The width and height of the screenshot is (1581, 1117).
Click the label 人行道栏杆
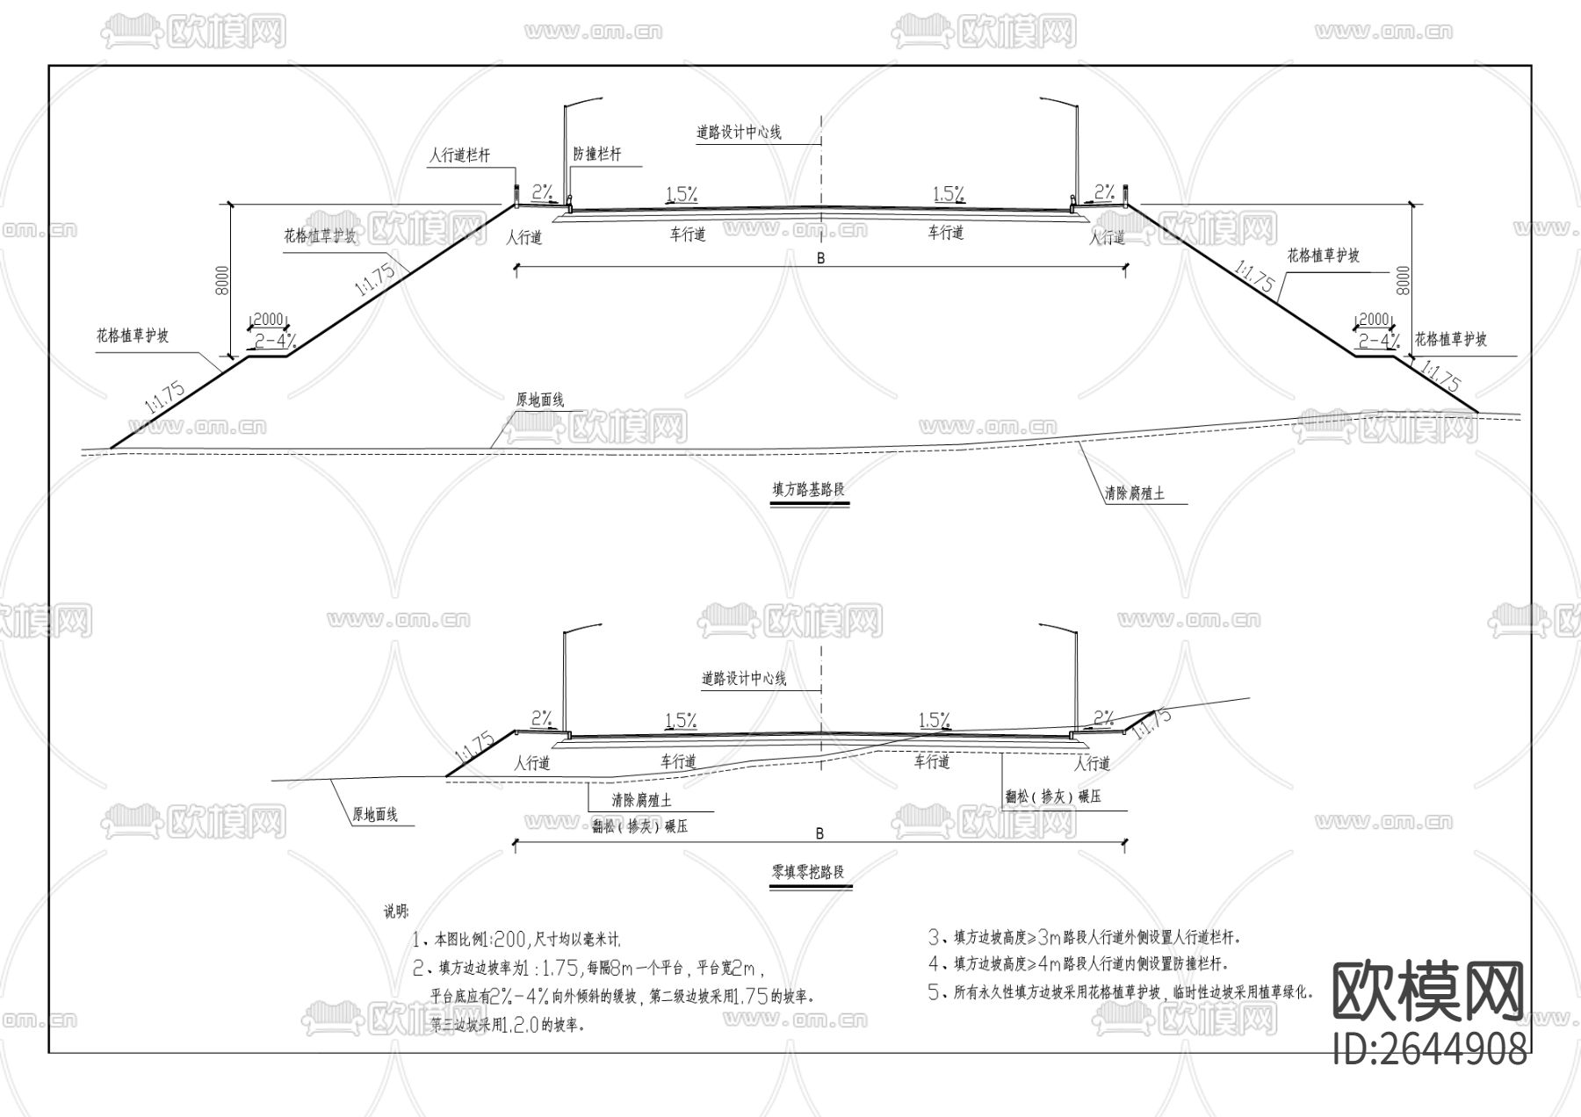point(459,155)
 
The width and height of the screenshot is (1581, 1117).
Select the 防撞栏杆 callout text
point(597,154)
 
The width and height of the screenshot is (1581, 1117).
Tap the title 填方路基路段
point(808,490)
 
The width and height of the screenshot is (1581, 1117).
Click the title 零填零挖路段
point(808,872)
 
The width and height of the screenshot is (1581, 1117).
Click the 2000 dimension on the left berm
point(268,320)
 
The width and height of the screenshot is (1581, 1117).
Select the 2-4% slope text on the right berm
point(1378,340)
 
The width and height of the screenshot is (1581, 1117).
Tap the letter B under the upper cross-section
point(820,259)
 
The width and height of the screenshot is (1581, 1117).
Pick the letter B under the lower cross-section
point(819,832)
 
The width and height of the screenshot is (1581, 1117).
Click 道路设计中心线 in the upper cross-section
point(739,133)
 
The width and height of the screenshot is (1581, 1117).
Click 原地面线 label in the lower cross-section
point(375,815)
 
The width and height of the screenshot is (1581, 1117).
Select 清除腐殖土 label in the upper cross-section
point(1134,494)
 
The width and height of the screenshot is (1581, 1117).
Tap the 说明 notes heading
point(396,911)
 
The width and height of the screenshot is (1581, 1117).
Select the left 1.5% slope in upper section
point(682,194)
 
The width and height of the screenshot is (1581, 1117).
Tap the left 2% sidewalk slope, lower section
point(541,718)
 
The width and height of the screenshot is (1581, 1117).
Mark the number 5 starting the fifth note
point(935,993)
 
